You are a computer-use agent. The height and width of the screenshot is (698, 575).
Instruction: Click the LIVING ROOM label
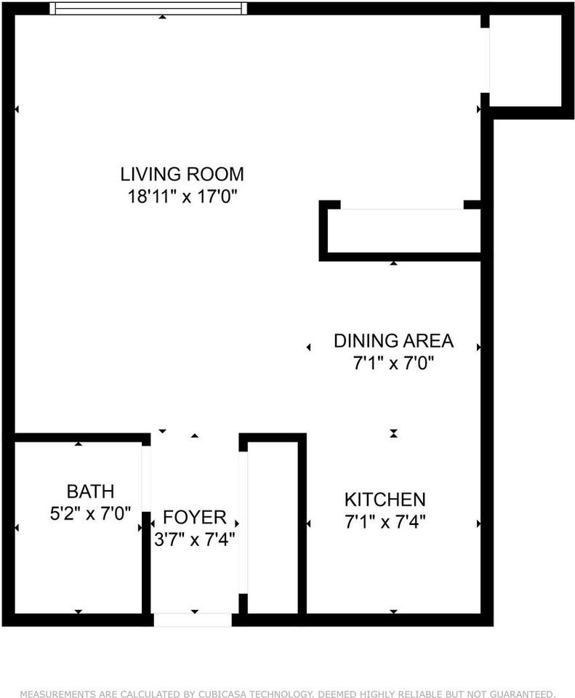click(182, 174)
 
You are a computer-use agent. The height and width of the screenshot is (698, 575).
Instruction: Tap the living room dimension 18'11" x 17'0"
click(182, 196)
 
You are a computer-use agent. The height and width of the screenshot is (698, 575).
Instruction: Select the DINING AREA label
click(393, 341)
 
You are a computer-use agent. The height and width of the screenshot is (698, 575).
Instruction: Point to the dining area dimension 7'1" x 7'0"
click(393, 364)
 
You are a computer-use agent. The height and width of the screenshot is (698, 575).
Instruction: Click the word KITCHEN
click(385, 500)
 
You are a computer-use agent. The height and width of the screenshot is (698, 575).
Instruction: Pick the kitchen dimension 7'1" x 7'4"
click(385, 521)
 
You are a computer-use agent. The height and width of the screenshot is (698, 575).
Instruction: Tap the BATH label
click(90, 492)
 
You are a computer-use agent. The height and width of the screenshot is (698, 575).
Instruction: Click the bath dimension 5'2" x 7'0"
click(90, 514)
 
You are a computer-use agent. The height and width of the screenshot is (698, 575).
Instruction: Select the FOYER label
click(195, 517)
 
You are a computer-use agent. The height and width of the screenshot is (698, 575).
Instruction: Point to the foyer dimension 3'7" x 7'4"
click(195, 539)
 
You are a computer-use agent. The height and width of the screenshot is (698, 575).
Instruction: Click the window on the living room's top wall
click(148, 9)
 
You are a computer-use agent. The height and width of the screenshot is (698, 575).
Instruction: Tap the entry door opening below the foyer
click(193, 619)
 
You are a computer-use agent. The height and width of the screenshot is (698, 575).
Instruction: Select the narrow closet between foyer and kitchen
click(273, 528)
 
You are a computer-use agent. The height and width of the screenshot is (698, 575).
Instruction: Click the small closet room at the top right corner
click(525, 60)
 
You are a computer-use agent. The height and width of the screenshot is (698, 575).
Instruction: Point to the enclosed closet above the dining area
click(404, 230)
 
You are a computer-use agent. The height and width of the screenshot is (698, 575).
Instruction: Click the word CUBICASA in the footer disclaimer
click(223, 694)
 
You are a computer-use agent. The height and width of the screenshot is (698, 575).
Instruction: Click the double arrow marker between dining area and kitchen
click(393, 433)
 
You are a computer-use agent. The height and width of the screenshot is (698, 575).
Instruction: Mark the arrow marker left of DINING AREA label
click(308, 348)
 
